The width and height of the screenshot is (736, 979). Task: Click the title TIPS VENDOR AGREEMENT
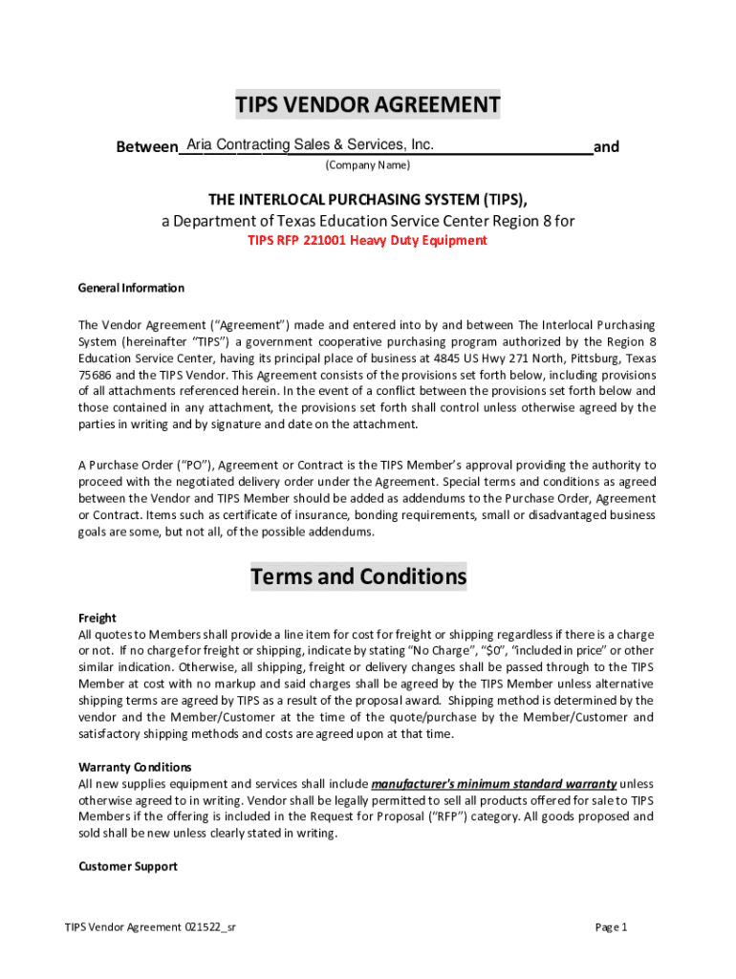click(x=368, y=105)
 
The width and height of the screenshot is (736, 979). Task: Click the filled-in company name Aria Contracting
click(x=238, y=144)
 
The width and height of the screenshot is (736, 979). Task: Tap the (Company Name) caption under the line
click(x=368, y=165)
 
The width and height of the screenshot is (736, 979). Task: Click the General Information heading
click(x=131, y=288)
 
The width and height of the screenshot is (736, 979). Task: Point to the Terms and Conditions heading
click(x=358, y=577)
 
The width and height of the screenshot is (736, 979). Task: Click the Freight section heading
click(x=97, y=618)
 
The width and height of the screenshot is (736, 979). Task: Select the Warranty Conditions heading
click(x=135, y=767)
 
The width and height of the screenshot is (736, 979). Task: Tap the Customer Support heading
click(x=127, y=866)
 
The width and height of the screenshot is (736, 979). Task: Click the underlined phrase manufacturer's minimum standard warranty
click(x=493, y=784)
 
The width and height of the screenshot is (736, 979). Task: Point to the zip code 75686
click(x=95, y=376)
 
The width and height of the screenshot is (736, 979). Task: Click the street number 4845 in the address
click(x=440, y=359)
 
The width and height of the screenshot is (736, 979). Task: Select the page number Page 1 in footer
click(x=611, y=927)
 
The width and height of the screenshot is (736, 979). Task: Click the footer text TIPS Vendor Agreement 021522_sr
click(x=150, y=927)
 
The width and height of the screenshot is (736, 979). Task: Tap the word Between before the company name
click(x=146, y=147)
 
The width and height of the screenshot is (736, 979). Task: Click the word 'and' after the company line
click(x=606, y=147)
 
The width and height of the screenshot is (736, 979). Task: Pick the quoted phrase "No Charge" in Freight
click(x=448, y=651)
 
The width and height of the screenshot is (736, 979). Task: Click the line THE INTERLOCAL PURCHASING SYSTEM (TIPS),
click(x=368, y=199)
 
